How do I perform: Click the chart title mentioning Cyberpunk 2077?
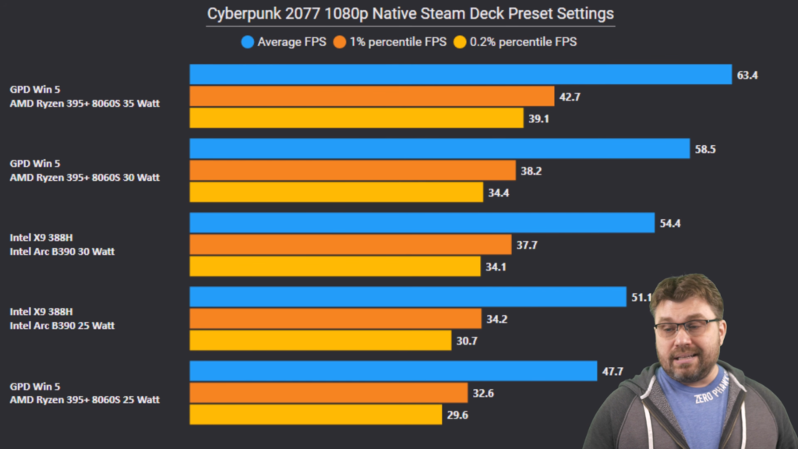coord(410,14)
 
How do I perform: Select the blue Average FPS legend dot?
coord(247,42)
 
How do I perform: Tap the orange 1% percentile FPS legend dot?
coord(339,42)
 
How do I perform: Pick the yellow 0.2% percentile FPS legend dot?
coord(460,42)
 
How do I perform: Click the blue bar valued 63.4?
coord(461,75)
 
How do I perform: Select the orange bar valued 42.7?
coord(371,97)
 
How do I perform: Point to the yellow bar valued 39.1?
coord(357,118)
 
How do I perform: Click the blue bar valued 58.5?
coord(440,149)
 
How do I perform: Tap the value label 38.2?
coord(532,171)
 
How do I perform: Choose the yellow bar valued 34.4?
coord(337,193)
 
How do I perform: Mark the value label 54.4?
coord(671,224)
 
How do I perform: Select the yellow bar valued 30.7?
coord(320,341)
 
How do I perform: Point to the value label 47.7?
coord(613,372)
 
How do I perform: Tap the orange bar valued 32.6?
coord(328,393)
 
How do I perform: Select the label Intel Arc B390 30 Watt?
coord(62,252)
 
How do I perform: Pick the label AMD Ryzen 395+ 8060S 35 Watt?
coord(85,104)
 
